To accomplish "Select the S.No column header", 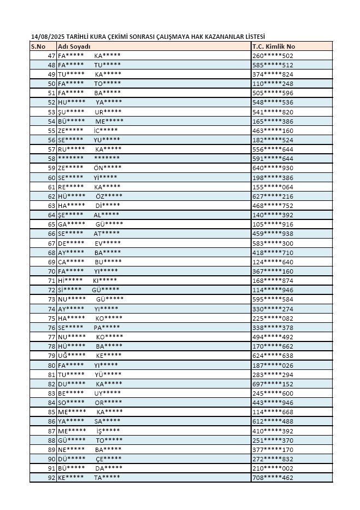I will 38,47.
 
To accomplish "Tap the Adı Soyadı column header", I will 74,47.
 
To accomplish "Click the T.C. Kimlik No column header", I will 274,47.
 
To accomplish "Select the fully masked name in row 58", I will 89,159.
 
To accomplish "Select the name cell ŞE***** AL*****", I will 88,215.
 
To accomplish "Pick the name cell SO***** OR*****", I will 89,403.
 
